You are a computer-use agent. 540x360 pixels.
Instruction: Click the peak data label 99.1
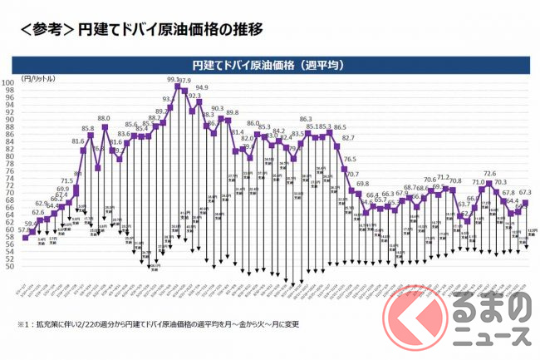pyautogui.click(x=174, y=80)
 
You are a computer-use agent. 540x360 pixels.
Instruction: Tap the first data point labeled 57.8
pyautogui.click(x=26, y=238)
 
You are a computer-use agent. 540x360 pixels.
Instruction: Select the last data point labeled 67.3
pyautogui.click(x=525, y=202)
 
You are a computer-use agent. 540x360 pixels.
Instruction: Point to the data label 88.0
pyautogui.click(x=104, y=119)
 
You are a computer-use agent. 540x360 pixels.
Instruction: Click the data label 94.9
pyautogui.click(x=202, y=87)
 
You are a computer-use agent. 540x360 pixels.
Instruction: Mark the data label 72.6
pyautogui.click(x=490, y=174)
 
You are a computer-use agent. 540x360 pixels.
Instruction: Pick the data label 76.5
pyautogui.click(x=350, y=158)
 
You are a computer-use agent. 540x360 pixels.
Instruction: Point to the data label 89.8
pyautogui.click(x=233, y=112)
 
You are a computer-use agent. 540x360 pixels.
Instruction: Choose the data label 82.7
pyautogui.click(x=349, y=138)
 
